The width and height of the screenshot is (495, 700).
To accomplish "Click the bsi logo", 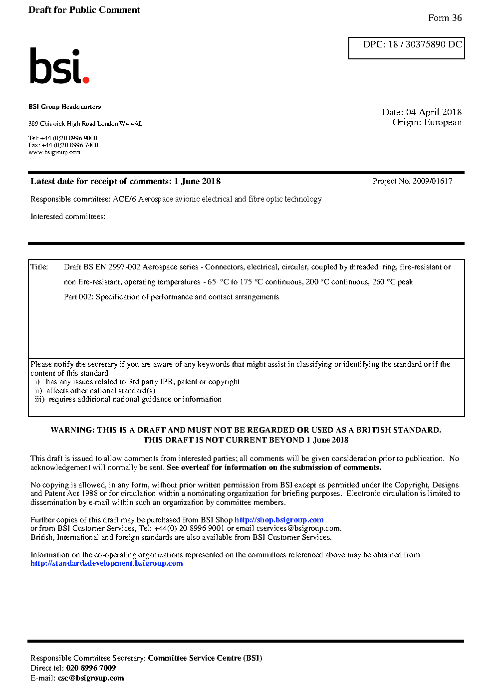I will pyautogui.click(x=59, y=66).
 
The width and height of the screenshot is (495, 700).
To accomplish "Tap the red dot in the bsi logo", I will pyautogui.click(x=86, y=79).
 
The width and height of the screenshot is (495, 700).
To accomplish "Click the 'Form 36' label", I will pyautogui.click(x=445, y=18).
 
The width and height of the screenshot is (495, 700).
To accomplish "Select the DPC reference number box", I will pyautogui.click(x=407, y=47).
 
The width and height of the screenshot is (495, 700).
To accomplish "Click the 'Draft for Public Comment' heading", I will pyautogui.click(x=84, y=10).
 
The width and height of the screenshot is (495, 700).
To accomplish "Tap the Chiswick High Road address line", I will pyautogui.click(x=85, y=124).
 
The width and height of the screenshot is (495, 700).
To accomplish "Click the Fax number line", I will pyautogui.click(x=63, y=145).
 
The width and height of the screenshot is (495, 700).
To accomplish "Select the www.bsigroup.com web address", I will pyautogui.click(x=54, y=152).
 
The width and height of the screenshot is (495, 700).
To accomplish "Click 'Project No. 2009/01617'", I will pyautogui.click(x=412, y=181).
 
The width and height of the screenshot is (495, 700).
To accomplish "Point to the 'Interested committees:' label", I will pyautogui.click(x=68, y=217).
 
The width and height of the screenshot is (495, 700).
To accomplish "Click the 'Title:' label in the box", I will pyautogui.click(x=39, y=267).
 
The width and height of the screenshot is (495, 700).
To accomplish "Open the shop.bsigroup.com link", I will pyautogui.click(x=279, y=520).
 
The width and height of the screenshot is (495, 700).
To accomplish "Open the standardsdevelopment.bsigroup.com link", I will pyautogui.click(x=107, y=563).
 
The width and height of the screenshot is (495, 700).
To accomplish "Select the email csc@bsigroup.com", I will pyautogui.click(x=91, y=678).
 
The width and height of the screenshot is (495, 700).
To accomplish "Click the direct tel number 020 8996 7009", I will pyautogui.click(x=91, y=668).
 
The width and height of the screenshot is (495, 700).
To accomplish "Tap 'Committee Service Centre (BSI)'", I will pyautogui.click(x=205, y=658).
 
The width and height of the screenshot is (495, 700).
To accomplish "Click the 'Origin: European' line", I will pyautogui.click(x=427, y=122).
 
